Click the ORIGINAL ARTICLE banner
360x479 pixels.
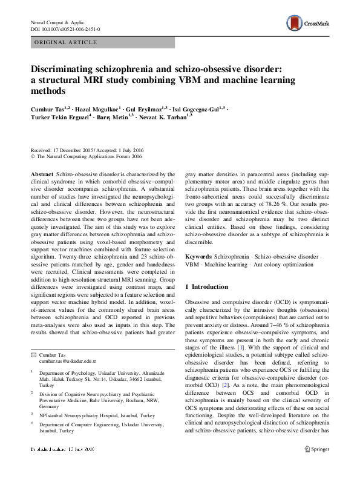pos(67,42)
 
